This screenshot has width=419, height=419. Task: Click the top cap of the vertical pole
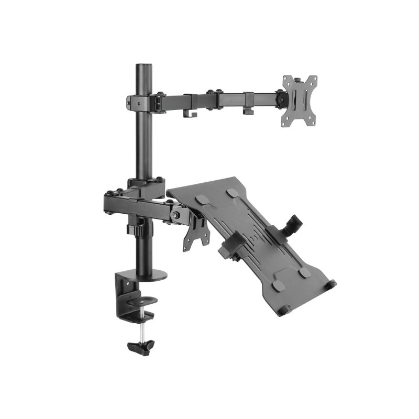(142, 67)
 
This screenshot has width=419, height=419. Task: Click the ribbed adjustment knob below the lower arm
(138, 229)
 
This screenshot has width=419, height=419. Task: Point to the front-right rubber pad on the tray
(305, 273)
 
